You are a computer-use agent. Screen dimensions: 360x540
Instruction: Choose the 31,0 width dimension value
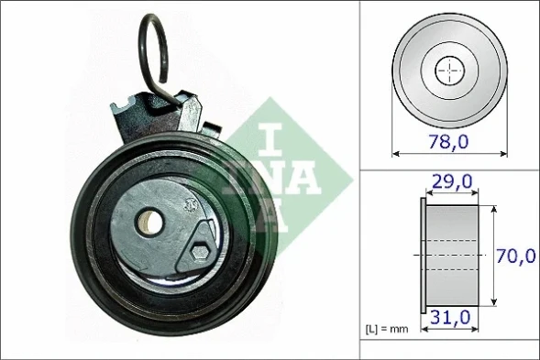point(453,318)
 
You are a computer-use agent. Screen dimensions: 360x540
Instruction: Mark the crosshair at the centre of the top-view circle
point(449,70)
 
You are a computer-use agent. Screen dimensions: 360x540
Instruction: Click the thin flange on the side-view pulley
point(423,255)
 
